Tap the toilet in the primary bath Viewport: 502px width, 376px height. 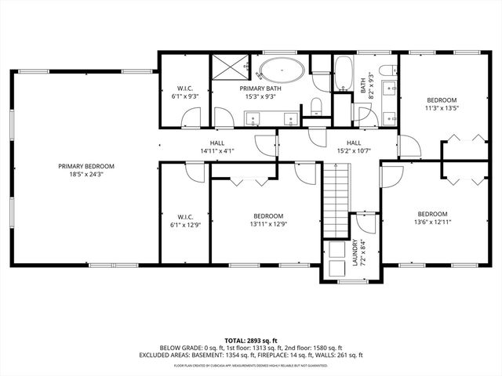coord(315,106)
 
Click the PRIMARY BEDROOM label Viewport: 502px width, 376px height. coord(85,166)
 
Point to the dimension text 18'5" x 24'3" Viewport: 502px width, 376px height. coord(85,175)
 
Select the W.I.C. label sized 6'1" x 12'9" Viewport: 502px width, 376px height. coord(185,220)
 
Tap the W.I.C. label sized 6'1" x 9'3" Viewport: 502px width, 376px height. coord(185,92)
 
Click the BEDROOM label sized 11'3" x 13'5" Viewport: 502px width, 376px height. coord(442,100)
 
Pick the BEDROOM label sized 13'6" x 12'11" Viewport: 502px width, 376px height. coord(432,215)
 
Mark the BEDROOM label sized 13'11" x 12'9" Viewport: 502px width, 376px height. coord(268,216)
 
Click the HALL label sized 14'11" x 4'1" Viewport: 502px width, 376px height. coord(217,146)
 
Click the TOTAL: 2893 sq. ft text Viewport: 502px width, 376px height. coord(250,338)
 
